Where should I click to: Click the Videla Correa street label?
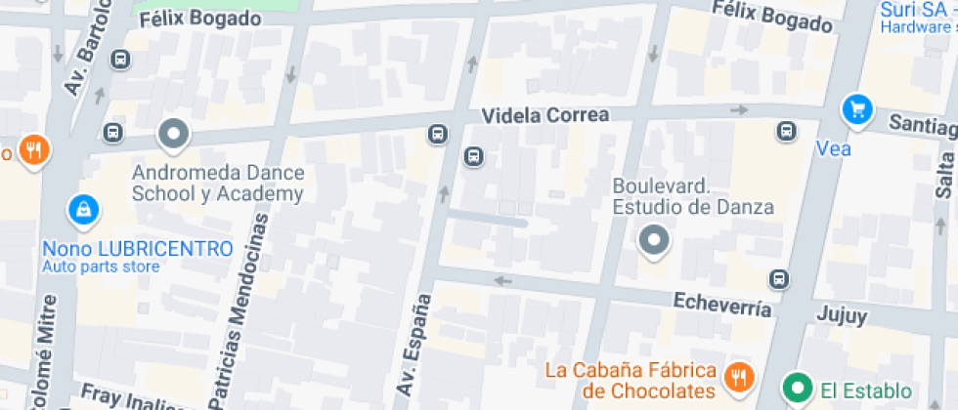click(x=545, y=115)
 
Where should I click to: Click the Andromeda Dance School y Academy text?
click(x=218, y=184)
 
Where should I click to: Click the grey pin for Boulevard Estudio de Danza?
click(x=653, y=239)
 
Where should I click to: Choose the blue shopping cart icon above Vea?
click(x=858, y=108)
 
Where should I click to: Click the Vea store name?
click(x=833, y=149)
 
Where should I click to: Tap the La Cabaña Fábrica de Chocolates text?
click(x=630, y=381)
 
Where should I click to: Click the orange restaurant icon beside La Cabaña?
click(x=739, y=376)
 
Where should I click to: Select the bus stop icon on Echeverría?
click(x=779, y=279)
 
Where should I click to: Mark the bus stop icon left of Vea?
click(x=785, y=131)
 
